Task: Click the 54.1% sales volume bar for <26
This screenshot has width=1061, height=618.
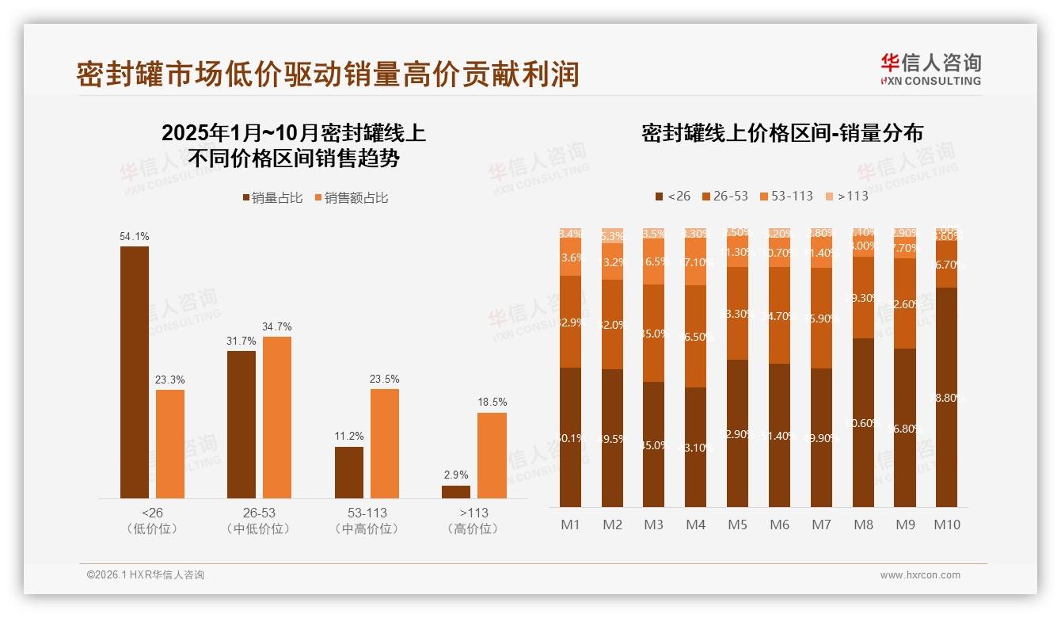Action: pos(135,372)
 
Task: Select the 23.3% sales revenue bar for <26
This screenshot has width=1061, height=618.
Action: pos(170,444)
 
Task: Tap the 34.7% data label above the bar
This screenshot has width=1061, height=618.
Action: pos(277,326)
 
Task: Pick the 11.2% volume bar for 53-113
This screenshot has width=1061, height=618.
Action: pos(349,472)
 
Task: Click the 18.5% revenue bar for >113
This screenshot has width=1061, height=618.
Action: pos(492,456)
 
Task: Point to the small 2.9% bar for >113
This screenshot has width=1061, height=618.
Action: pos(456,492)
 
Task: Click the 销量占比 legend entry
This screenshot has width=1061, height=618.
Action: pos(272,198)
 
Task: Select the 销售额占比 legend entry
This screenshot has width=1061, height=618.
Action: pos(352,198)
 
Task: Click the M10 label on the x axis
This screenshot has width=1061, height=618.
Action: pos(947,525)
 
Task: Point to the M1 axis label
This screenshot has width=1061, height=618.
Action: pos(571,525)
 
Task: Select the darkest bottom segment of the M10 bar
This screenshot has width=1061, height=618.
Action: pos(947,396)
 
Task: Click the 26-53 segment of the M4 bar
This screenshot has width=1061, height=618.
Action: pos(696,336)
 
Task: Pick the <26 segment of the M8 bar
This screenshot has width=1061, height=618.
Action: pos(864,422)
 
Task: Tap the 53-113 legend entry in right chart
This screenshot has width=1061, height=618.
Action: pos(786,196)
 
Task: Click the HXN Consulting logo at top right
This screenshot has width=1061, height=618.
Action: pos(931,69)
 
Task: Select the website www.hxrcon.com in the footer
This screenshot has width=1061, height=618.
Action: pos(920,575)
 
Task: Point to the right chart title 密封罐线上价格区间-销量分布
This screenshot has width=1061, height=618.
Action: pos(782,133)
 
